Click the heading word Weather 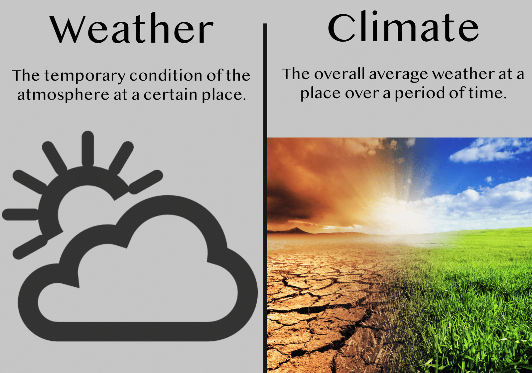pos(132,28)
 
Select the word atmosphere pos(63,95)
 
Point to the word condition pos(166,75)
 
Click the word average pos(398,75)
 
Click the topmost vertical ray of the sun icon pos(88,149)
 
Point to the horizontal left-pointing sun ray pos(20,214)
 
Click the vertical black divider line pos(265,198)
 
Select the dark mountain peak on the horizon pos(295,230)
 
